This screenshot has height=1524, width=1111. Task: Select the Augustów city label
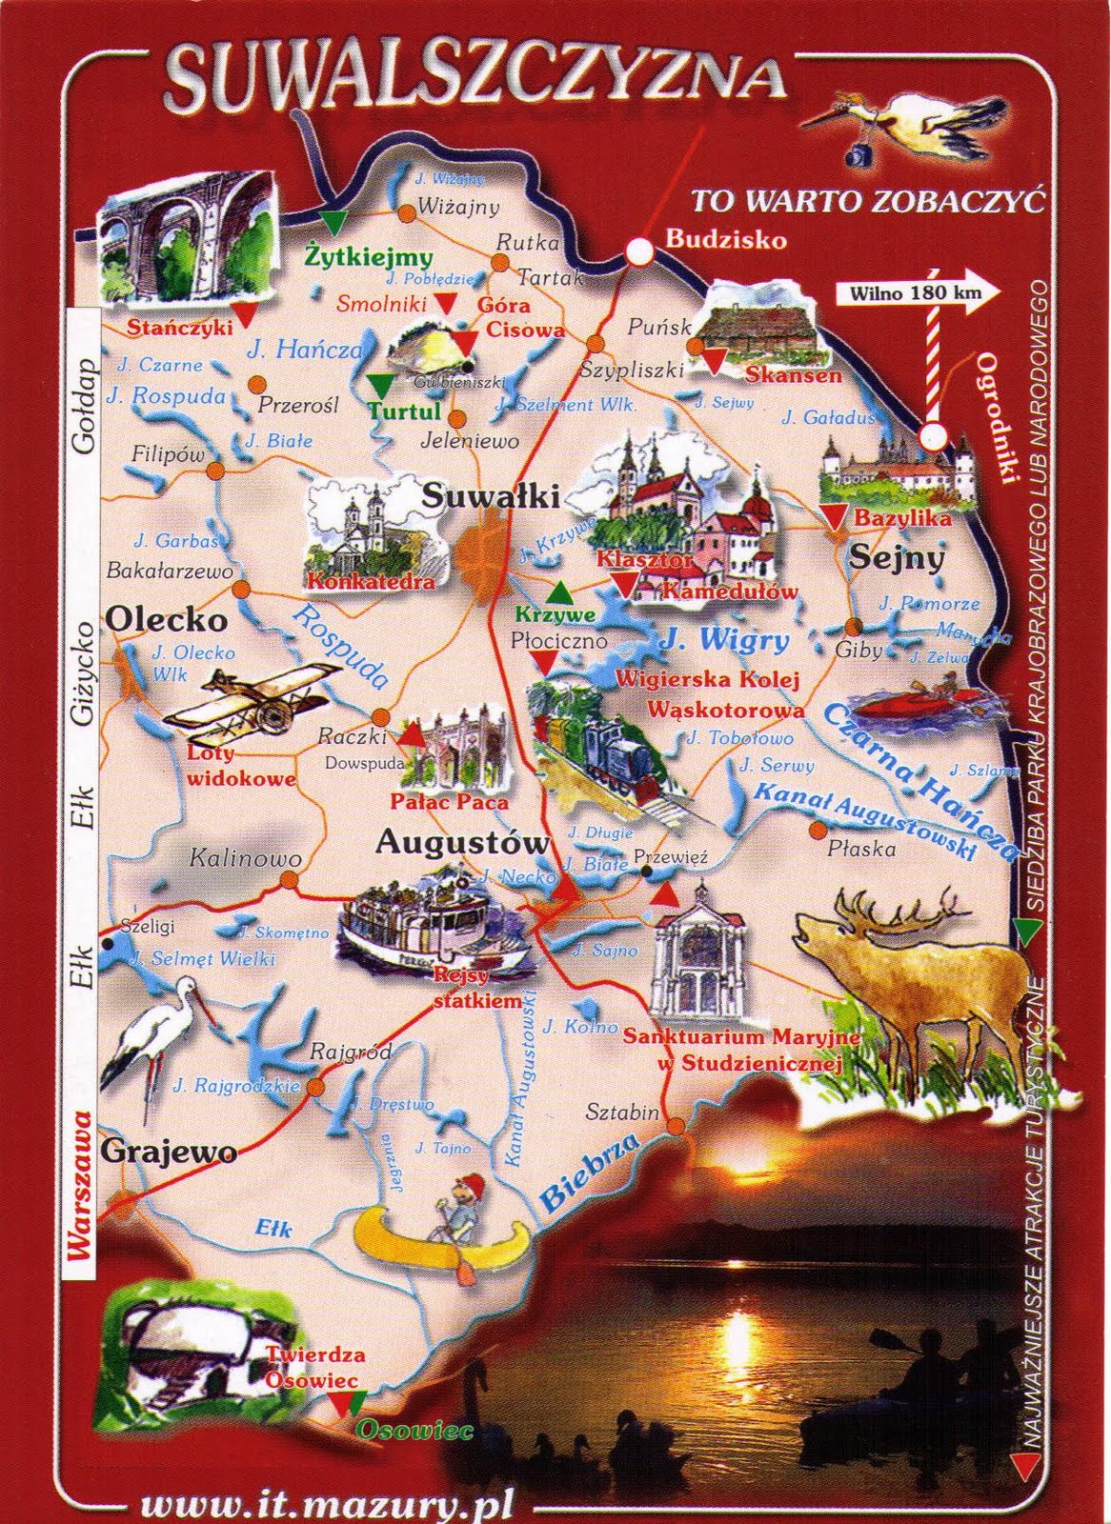(463, 842)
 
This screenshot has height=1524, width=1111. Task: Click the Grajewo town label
(168, 1151)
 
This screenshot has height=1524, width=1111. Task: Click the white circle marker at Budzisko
(639, 251)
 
